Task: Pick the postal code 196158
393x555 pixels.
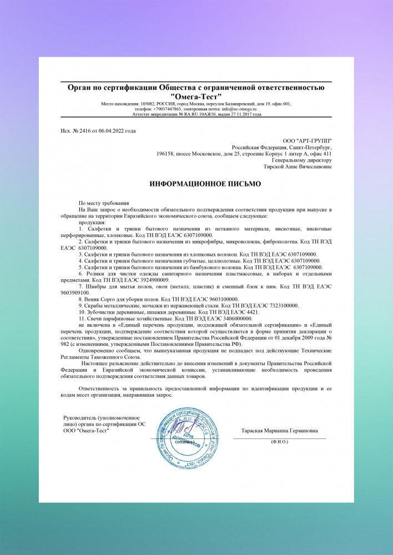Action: [166, 154]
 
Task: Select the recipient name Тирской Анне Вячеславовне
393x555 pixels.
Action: [300, 166]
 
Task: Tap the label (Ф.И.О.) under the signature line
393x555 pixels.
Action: [280, 442]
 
